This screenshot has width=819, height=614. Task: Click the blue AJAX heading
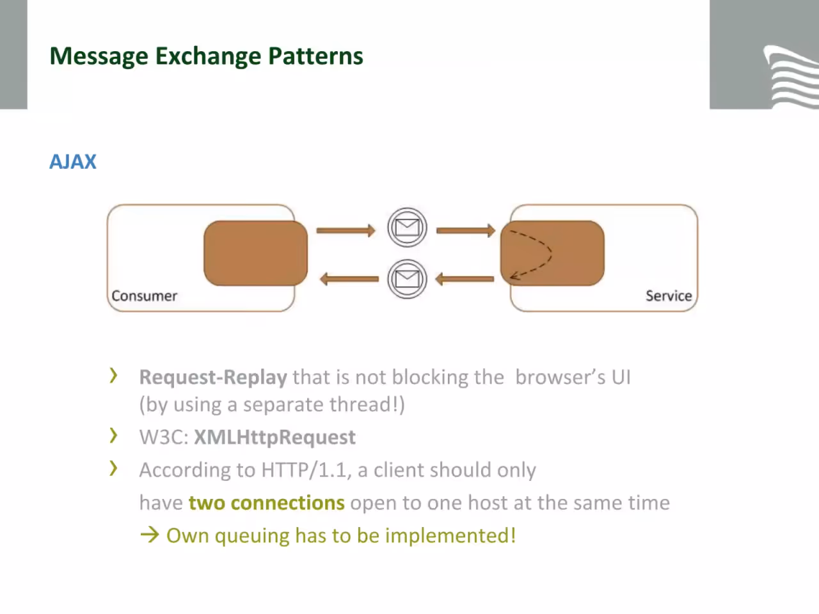[73, 162]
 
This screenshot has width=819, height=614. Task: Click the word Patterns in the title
[315, 56]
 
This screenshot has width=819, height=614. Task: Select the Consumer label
[145, 295]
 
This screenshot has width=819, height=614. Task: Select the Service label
[669, 295]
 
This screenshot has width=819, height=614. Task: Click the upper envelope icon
[407, 228]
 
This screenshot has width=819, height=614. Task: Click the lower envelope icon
[407, 279]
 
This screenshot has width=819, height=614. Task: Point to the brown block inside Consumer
[255, 253]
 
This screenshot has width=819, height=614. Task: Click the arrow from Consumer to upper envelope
[346, 230]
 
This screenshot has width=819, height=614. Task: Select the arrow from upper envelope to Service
[466, 230]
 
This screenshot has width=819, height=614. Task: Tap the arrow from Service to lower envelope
[465, 279]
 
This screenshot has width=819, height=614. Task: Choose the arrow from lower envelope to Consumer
[349, 279]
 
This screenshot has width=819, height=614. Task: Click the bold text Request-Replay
[213, 377]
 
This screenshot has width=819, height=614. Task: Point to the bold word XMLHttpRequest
[274, 437]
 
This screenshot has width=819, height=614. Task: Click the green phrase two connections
[266, 503]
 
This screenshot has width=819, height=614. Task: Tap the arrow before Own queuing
[150, 535]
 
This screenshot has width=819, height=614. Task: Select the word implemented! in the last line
[450, 536]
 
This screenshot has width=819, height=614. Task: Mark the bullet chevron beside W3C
[113, 436]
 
